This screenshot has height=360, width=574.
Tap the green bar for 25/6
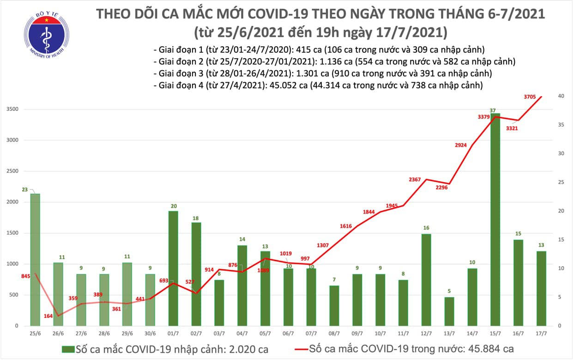pyautogui.click(x=35, y=259)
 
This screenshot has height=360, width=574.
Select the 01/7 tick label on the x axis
pyautogui.click(x=173, y=333)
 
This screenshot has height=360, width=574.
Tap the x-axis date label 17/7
pyautogui.click(x=541, y=333)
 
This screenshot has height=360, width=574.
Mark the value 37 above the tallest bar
pyautogui.click(x=494, y=110)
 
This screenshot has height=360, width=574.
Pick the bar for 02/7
pyautogui.click(x=196, y=274)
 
